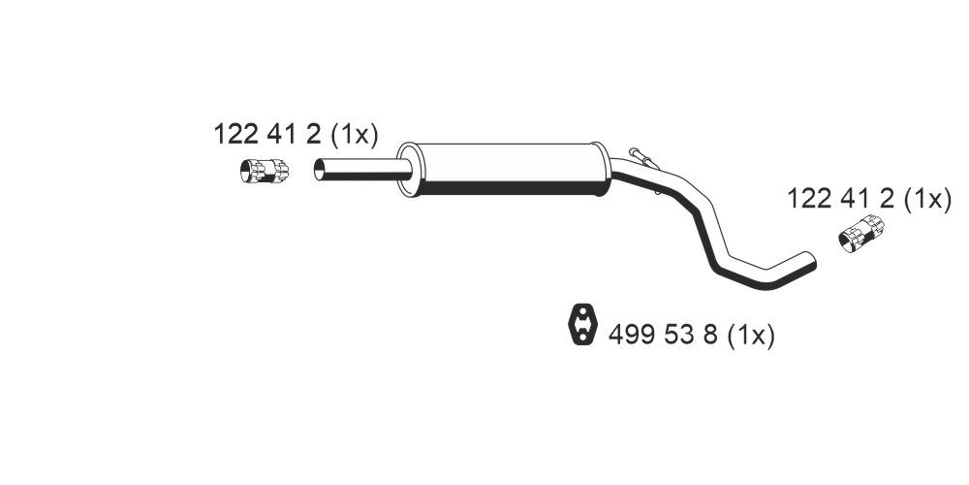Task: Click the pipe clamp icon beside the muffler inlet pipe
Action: [x=264, y=171]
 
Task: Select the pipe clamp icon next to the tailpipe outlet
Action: [x=860, y=234]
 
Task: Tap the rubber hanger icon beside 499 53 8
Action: [x=580, y=325]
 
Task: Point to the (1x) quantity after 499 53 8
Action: [x=751, y=337]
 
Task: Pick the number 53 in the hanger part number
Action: [x=676, y=337]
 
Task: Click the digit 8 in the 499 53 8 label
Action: [x=709, y=337]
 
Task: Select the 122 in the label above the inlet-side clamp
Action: [x=235, y=135]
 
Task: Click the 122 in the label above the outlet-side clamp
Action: [x=810, y=200]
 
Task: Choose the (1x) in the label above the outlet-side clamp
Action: [x=927, y=200]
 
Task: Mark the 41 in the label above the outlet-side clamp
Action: [x=856, y=200]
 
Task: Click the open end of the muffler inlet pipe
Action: [x=321, y=171]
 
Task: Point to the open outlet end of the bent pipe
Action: [x=810, y=260]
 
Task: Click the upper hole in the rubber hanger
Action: [x=580, y=316]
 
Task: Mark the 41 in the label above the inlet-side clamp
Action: [x=281, y=135]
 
